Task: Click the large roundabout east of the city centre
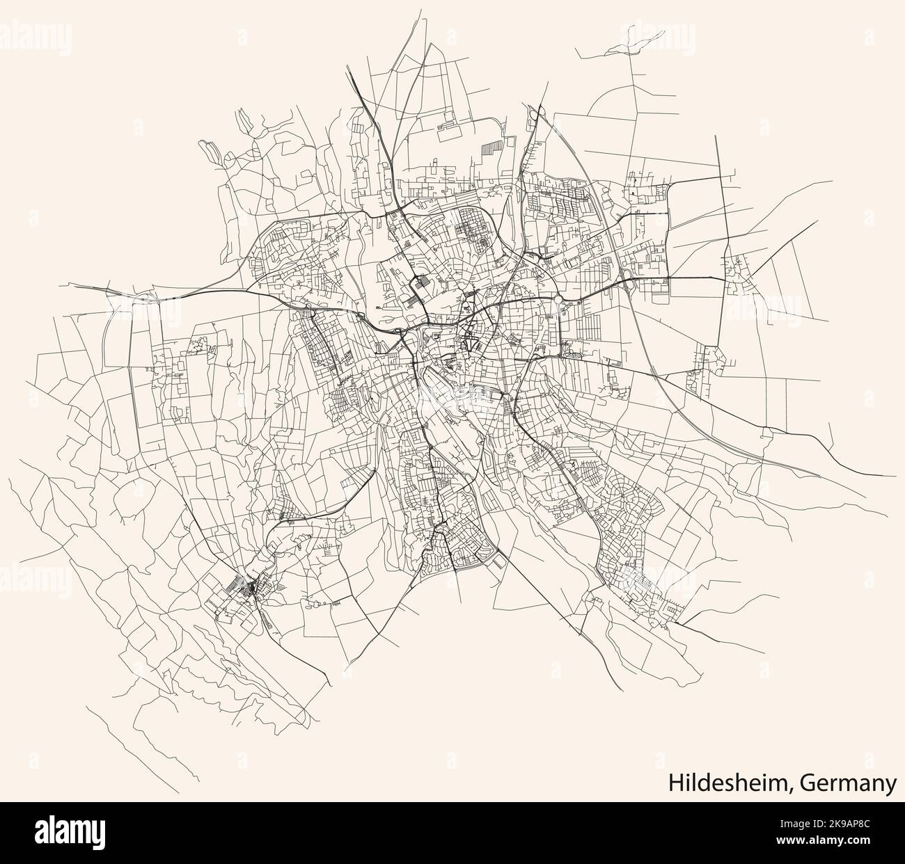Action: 558,301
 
